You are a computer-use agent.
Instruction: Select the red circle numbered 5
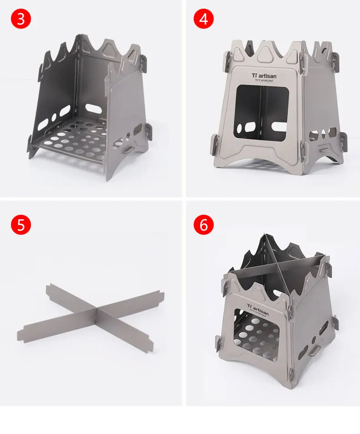[21, 225]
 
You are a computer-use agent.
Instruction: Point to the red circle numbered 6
[203, 225]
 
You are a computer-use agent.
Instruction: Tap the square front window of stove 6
[256, 338]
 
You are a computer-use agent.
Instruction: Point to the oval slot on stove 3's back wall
[93, 108]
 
